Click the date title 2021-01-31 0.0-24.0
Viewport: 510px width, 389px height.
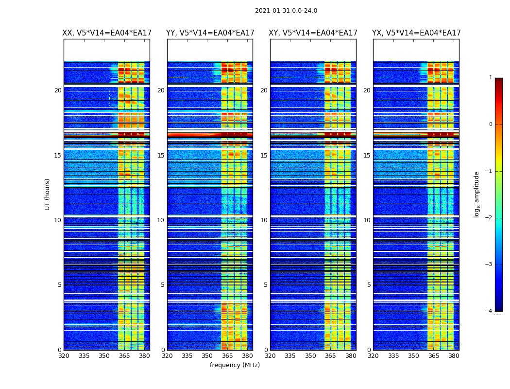pos(286,11)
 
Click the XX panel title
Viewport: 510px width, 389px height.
pos(107,33)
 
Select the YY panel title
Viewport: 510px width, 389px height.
pos(210,33)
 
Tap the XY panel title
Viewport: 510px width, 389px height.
pos(313,33)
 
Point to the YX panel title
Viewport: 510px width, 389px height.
pos(416,33)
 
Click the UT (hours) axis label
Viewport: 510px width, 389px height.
pos(48,194)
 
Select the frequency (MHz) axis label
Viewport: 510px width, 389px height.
pos(235,365)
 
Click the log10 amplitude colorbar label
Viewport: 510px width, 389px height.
pos(477,194)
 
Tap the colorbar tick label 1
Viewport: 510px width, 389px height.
pos(491,78)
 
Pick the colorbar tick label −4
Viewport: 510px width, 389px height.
pos(489,311)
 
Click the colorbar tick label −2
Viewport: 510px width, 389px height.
pos(489,218)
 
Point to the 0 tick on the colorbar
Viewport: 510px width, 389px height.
pos(491,124)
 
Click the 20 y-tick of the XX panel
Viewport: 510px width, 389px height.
pos(58,90)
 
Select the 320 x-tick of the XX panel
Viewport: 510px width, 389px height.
pos(64,356)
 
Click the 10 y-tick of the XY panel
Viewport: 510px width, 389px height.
pos(264,220)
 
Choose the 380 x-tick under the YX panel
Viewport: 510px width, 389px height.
pos(454,356)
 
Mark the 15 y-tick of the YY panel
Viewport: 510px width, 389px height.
pos(161,156)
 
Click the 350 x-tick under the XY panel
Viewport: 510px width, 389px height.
pos(310,356)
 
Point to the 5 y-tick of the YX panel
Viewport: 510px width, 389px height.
pos(369,285)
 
